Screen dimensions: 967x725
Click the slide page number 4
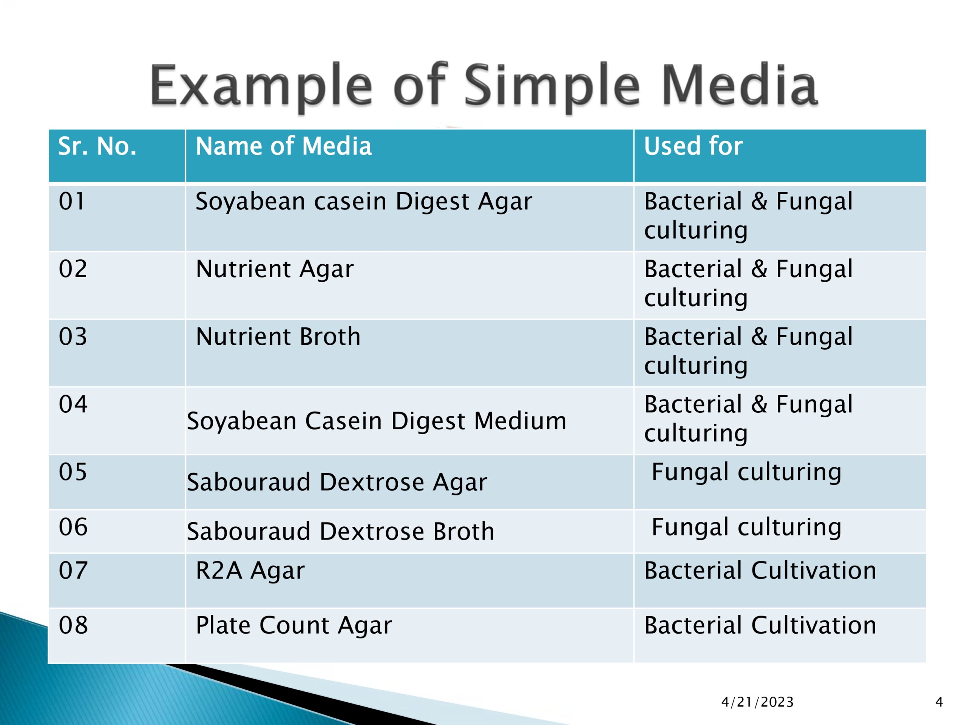point(939,702)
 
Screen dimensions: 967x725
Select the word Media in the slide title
point(739,85)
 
